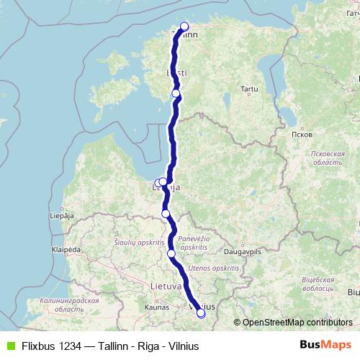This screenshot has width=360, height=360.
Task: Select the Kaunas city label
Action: pos(156,307)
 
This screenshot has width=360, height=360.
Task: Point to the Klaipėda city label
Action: pos(65,250)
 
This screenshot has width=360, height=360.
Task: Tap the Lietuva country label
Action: pos(166,286)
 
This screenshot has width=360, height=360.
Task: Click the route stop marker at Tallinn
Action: pos(184,27)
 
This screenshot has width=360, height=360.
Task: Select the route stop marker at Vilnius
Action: pos(201,313)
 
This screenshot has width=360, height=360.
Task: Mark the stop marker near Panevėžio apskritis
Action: pos(171,253)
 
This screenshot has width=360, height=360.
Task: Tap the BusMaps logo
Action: pos(330,345)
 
